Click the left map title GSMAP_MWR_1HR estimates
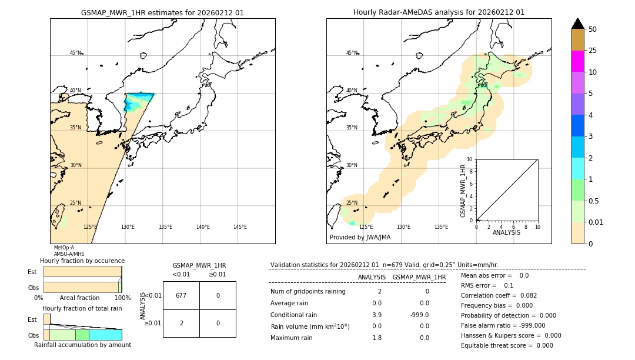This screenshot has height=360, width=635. (x=162, y=12)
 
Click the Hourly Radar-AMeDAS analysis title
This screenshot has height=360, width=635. (x=439, y=12)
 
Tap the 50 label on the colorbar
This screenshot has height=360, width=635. (x=593, y=29)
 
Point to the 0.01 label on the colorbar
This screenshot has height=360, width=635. (x=596, y=222)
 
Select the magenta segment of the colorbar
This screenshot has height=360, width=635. (x=577, y=61)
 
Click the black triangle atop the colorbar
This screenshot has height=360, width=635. (x=577, y=24)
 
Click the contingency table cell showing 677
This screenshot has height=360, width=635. (x=181, y=295)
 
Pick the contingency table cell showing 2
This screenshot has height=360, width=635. (x=181, y=323)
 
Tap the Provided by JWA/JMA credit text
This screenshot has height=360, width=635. (x=360, y=238)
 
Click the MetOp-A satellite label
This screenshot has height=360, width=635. (x=63, y=248)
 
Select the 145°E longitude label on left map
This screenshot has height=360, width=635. (x=240, y=227)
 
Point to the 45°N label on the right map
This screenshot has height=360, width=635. (x=352, y=53)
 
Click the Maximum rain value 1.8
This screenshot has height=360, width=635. (x=377, y=338)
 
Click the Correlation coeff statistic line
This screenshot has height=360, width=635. (x=498, y=296)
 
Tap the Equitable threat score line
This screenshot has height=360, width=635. (x=507, y=346)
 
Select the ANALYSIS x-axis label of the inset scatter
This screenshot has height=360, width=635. (x=506, y=232)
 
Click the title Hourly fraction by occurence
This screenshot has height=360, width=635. (x=82, y=261)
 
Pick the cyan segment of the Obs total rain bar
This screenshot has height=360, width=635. (x=105, y=335)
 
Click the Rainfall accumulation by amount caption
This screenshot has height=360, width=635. (x=82, y=345)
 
